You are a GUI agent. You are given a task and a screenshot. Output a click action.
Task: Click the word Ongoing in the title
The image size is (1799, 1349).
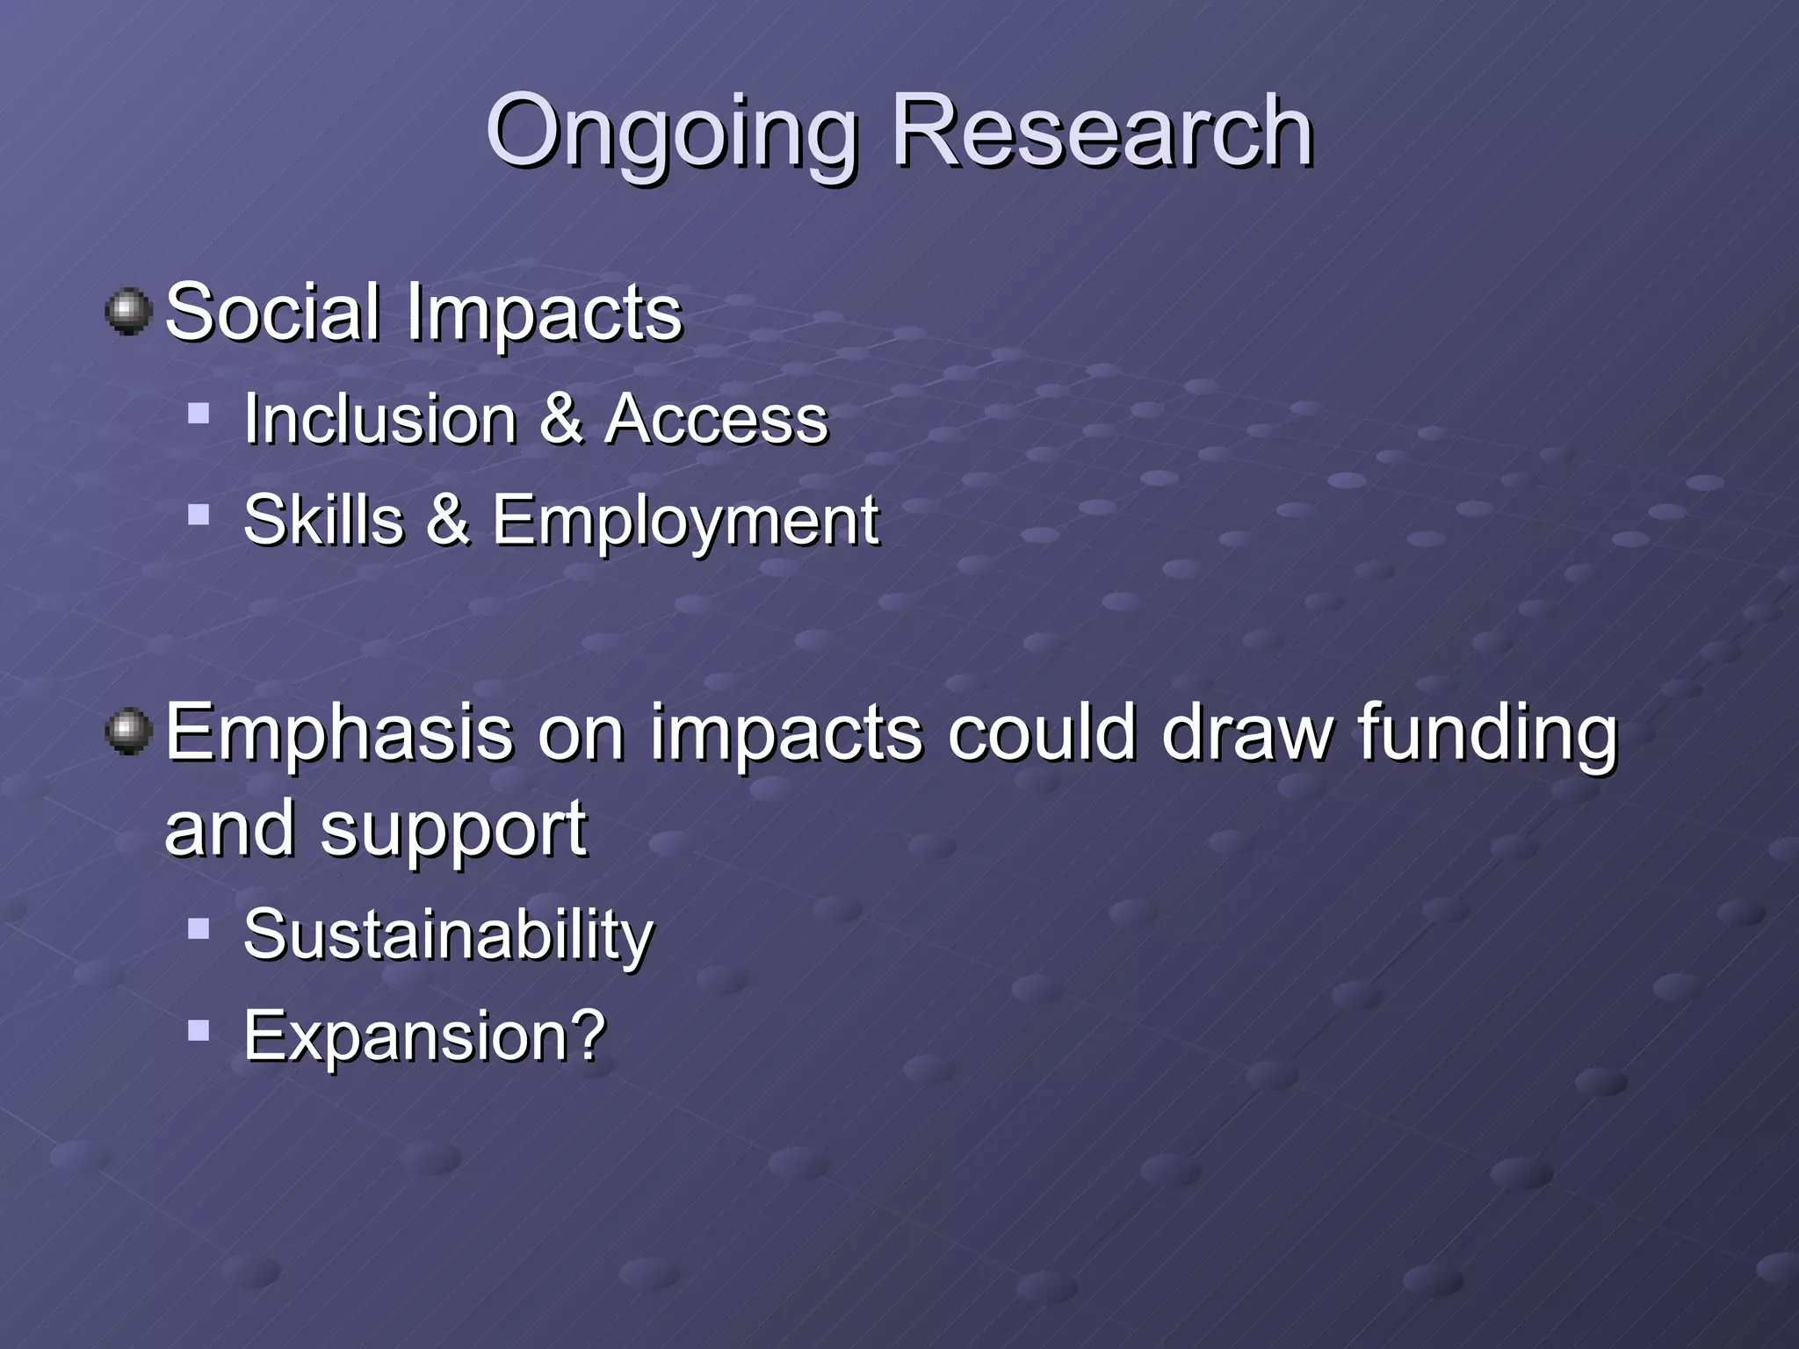pyautogui.click(x=672, y=133)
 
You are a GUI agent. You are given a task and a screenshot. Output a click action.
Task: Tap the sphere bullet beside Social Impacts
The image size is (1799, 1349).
pyautogui.click(x=129, y=311)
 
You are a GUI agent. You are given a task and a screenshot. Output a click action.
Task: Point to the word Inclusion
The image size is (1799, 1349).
pyautogui.click(x=379, y=419)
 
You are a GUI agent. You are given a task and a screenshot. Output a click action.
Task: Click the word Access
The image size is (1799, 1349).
pyautogui.click(x=716, y=419)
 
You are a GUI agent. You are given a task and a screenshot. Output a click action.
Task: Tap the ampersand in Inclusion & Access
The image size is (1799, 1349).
pyautogui.click(x=560, y=419)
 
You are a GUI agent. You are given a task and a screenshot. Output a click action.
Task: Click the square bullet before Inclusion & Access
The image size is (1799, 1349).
pyautogui.click(x=199, y=413)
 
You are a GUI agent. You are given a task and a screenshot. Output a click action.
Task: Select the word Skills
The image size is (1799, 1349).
pyautogui.click(x=323, y=520)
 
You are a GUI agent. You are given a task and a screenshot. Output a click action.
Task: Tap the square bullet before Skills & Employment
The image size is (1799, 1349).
pyautogui.click(x=199, y=514)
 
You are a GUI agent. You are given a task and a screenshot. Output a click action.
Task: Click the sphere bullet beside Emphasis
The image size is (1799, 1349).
pyautogui.click(x=129, y=732)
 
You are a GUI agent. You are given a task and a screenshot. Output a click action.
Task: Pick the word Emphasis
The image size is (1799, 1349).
pyautogui.click(x=339, y=733)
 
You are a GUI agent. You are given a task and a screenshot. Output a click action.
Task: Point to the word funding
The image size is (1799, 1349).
pyautogui.click(x=1486, y=733)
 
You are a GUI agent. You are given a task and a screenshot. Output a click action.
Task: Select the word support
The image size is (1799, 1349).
pyautogui.click(x=453, y=831)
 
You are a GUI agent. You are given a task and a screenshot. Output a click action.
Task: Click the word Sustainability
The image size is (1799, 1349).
pyautogui.click(x=448, y=935)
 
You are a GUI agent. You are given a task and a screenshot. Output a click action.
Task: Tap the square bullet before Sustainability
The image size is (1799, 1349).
pyautogui.click(x=199, y=928)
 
